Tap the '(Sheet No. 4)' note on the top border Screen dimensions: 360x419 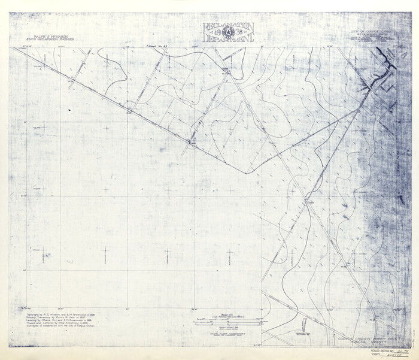[156, 46]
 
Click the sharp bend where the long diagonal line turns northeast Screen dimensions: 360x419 [245, 173]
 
